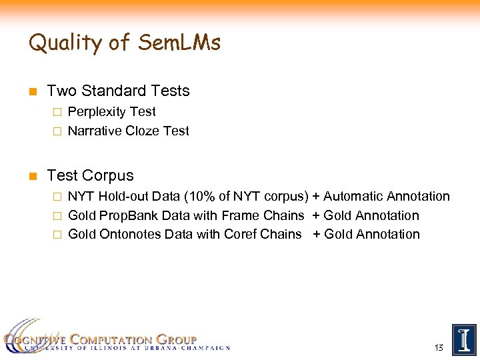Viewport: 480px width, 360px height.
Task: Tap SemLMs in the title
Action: pyautogui.click(x=179, y=43)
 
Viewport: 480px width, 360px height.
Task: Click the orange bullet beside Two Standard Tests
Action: pyautogui.click(x=32, y=91)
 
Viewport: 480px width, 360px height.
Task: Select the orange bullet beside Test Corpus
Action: pyautogui.click(x=32, y=176)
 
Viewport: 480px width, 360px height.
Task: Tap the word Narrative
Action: pyautogui.click(x=95, y=131)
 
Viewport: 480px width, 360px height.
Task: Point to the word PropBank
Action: pyautogui.click(x=126, y=216)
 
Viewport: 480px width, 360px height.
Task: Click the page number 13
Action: pyautogui.click(x=438, y=348)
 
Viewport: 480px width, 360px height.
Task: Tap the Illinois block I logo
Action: pyautogui.click(x=464, y=340)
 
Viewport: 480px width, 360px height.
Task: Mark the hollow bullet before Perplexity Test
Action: pyautogui.click(x=57, y=112)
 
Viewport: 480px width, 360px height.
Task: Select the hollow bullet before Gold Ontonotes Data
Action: pyautogui.click(x=57, y=235)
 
